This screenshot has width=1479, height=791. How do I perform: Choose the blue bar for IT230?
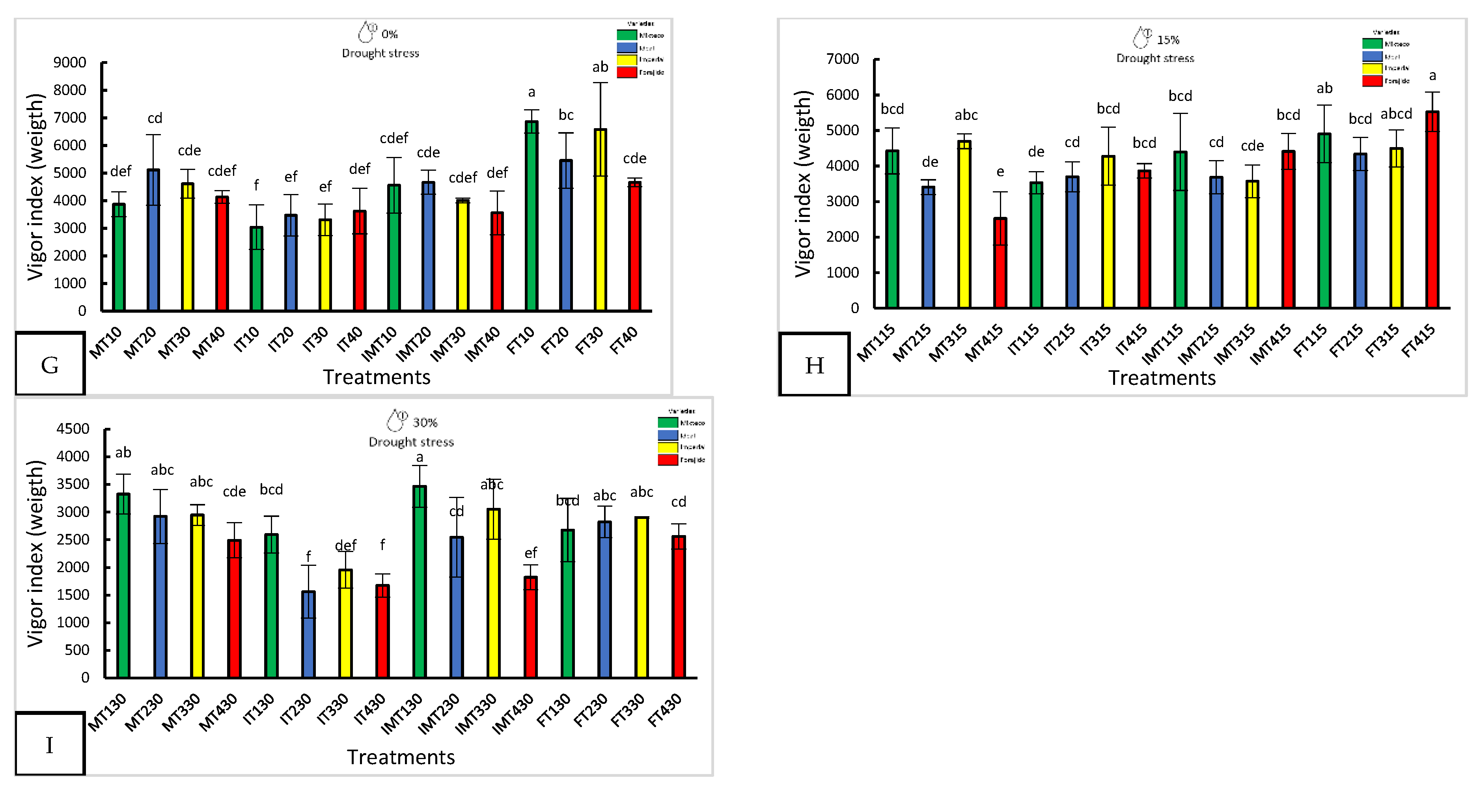click(308, 634)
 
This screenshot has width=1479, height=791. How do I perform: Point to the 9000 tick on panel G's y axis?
click(70, 63)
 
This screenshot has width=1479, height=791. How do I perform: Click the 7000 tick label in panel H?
click(842, 59)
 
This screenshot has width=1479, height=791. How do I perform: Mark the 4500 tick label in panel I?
click(73, 429)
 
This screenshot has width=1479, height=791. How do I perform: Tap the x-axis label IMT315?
click(1234, 344)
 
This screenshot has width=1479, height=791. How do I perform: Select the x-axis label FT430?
click(665, 710)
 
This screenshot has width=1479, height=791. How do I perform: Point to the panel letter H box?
click(814, 364)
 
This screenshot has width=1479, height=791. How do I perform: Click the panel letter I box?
click(50, 744)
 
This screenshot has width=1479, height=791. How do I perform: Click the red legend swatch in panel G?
click(627, 72)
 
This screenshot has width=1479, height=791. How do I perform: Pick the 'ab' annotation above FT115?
click(1324, 88)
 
